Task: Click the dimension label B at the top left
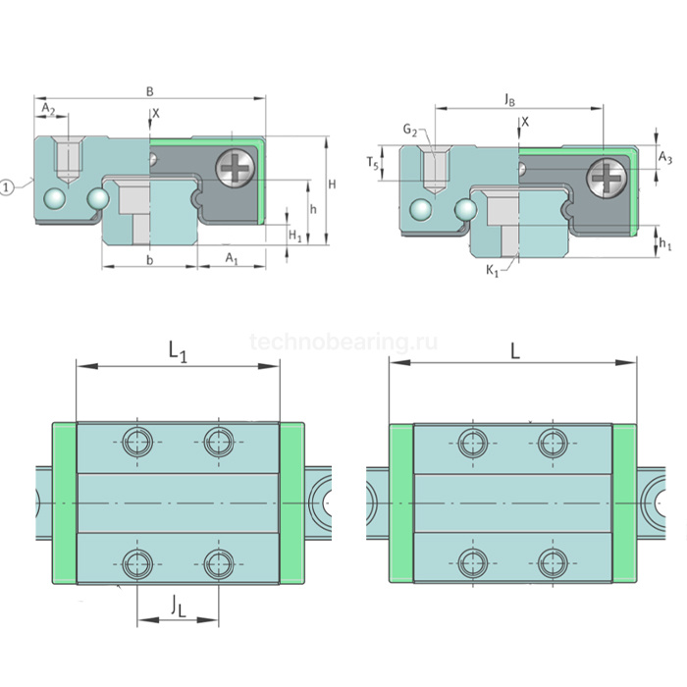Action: [150, 91]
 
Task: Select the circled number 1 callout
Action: [8, 186]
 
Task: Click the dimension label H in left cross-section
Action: [333, 185]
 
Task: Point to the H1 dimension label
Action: [294, 234]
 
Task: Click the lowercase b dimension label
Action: [149, 259]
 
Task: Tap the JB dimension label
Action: [511, 100]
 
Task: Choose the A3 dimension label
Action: [664, 156]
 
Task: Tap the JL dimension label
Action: [178, 608]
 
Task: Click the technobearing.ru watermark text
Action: [343, 343]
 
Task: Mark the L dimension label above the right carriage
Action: [514, 349]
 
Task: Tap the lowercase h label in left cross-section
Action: [311, 210]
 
